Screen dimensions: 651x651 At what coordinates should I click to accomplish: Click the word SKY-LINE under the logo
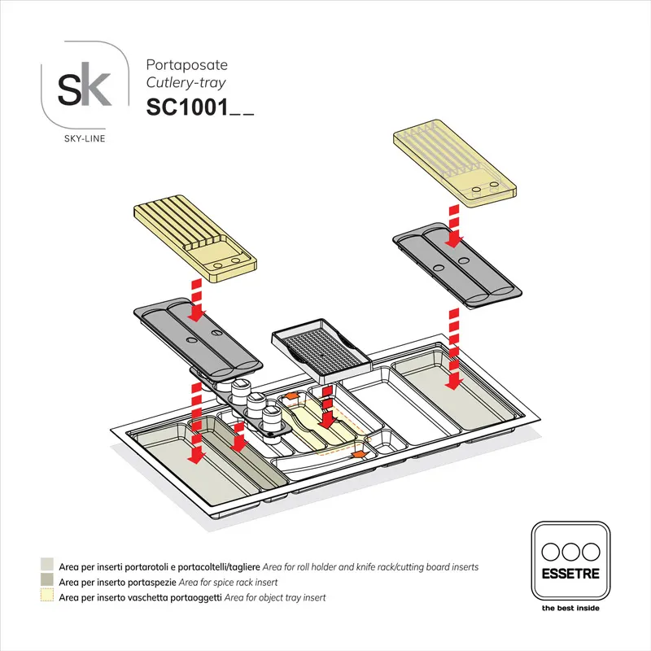[x=84, y=138]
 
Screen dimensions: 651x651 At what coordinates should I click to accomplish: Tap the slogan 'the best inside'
[x=570, y=608]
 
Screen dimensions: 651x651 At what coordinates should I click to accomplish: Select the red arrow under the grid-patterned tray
[x=325, y=407]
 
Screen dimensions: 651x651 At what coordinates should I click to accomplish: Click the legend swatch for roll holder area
[x=47, y=566]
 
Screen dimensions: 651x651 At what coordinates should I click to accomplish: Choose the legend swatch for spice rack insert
[x=47, y=582]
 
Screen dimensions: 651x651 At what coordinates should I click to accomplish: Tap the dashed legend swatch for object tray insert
[x=47, y=597]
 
